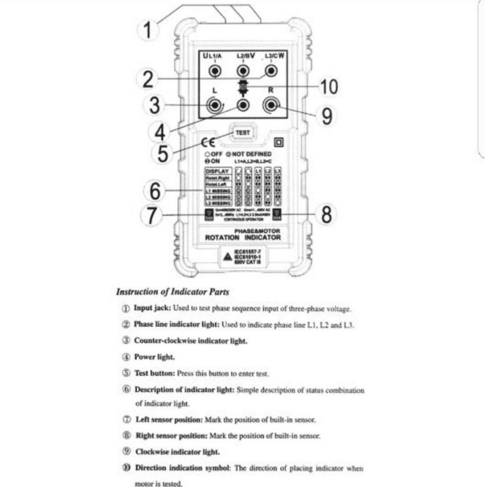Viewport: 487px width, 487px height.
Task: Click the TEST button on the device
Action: coord(242,132)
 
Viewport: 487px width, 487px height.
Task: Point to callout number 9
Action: coord(327,116)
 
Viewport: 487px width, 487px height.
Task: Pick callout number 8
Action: coord(327,214)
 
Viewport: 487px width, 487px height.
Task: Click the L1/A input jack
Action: coord(215,71)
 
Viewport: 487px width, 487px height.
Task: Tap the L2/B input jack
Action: coord(243,71)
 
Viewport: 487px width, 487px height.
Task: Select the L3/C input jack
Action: coord(272,71)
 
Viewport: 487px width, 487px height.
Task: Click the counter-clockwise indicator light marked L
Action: coord(215,105)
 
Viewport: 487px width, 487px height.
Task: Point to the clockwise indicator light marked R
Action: coord(271,105)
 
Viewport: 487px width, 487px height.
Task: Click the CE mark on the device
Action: coord(208,144)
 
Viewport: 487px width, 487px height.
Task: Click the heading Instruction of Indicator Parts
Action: coord(172,292)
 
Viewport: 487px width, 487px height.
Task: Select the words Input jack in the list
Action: coord(152,309)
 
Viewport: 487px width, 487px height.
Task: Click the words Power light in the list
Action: coord(155,357)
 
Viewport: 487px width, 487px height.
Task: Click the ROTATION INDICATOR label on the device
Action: coord(243,237)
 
